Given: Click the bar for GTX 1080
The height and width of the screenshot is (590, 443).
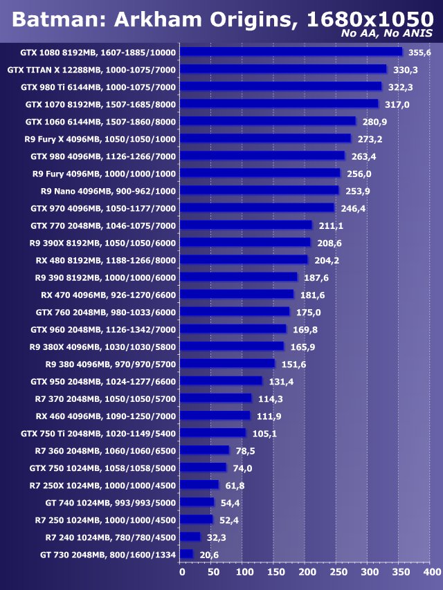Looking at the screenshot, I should [x=291, y=51].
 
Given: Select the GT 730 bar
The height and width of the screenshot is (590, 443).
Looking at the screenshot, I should [x=186, y=554].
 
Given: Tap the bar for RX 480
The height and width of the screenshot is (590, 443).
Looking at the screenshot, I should [x=244, y=259].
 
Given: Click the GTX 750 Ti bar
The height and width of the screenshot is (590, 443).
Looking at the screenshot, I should [x=213, y=433].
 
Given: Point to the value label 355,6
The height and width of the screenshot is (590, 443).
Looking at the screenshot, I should [x=419, y=53].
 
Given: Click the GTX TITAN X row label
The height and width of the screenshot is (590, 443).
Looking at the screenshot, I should [x=91, y=69].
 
